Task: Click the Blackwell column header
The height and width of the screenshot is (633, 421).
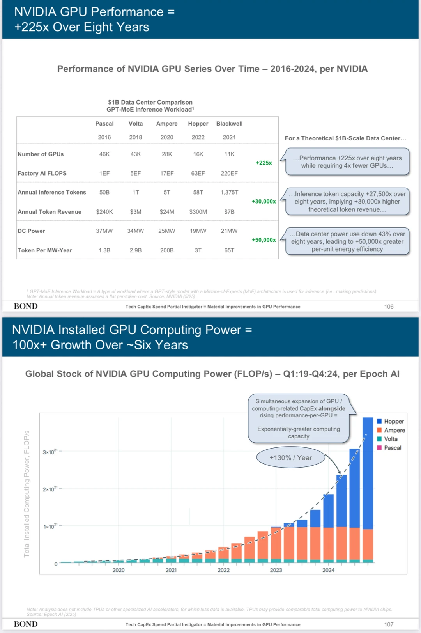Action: click(229, 124)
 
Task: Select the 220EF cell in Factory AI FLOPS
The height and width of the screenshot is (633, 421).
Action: click(229, 173)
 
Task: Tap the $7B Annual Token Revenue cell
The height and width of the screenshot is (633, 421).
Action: click(229, 212)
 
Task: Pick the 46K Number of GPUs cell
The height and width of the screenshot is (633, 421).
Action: click(104, 154)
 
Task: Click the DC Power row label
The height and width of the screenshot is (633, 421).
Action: click(31, 231)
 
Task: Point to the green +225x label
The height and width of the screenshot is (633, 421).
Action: click(264, 163)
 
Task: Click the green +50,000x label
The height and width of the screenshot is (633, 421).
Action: click(264, 240)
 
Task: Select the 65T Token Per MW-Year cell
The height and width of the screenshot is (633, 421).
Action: click(229, 250)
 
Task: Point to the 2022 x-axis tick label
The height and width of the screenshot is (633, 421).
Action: click(223, 570)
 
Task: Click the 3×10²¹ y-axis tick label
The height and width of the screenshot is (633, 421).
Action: click(50, 452)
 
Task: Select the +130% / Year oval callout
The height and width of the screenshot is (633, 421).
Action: click(291, 458)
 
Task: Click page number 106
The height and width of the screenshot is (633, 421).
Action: click(389, 307)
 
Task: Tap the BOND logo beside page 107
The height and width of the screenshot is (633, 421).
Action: click(26, 624)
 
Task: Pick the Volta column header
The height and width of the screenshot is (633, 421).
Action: click(136, 124)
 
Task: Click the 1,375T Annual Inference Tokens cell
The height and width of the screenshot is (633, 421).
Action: click(229, 192)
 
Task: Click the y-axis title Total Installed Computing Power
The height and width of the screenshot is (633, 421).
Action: click(27, 493)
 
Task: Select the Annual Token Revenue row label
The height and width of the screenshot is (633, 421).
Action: click(50, 212)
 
